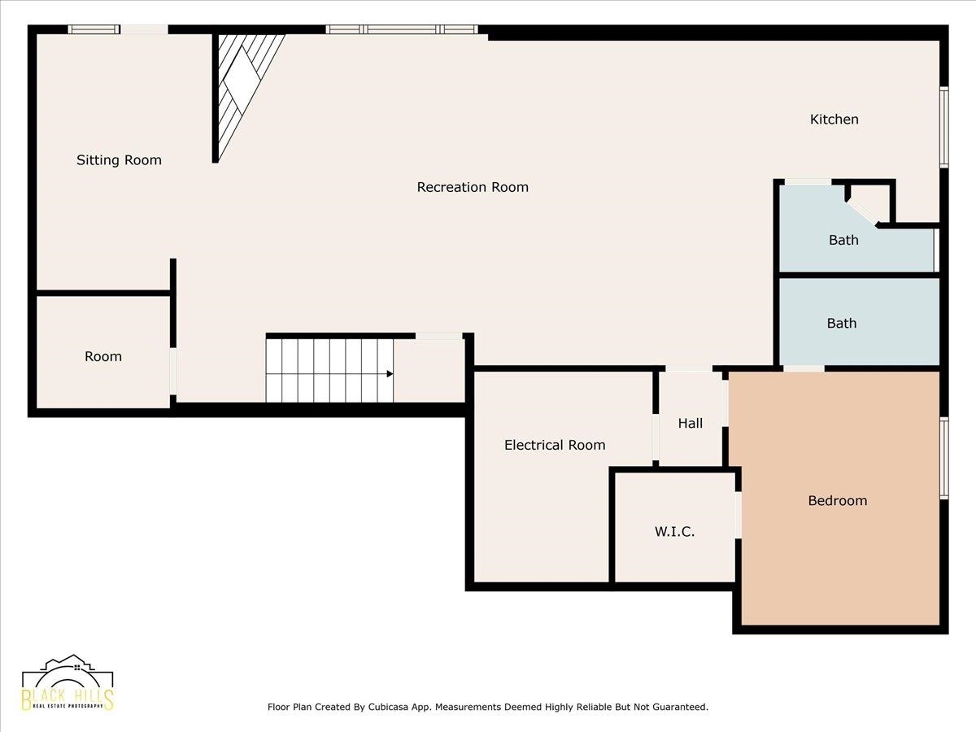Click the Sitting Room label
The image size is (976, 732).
[x=119, y=160]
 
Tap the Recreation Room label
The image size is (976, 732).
[x=473, y=187]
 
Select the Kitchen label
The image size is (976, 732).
[x=834, y=120]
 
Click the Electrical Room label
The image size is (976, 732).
[x=555, y=445]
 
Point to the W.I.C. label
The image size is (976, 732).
[x=674, y=532]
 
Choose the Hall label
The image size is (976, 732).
[x=691, y=423]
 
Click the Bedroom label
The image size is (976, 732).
[x=837, y=501]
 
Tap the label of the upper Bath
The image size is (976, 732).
[x=843, y=240]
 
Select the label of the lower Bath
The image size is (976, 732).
[x=841, y=323]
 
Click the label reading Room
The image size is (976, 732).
[x=103, y=356]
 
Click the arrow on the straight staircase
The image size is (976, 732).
[x=390, y=374]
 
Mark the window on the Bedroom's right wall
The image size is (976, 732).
[x=943, y=457]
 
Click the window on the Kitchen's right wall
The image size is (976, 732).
[x=943, y=127]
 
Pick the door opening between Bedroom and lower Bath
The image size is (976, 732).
[x=804, y=369]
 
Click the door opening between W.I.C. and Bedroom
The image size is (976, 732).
[x=738, y=514]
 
